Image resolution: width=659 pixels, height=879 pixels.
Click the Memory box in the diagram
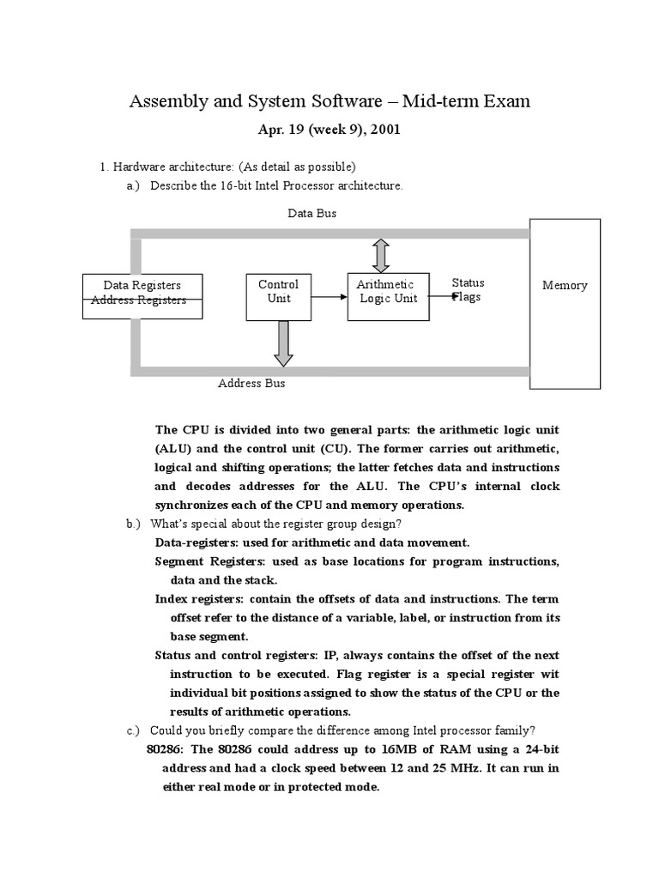(565, 302)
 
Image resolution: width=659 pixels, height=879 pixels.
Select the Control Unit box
(278, 296)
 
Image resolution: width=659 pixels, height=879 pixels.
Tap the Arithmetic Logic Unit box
(387, 296)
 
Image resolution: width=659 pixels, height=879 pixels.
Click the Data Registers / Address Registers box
(142, 297)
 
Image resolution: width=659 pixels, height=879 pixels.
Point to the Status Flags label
(468, 290)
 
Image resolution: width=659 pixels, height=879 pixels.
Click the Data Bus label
(311, 214)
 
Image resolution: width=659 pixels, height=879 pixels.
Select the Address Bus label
(251, 384)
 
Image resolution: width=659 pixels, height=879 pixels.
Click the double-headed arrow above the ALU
(381, 255)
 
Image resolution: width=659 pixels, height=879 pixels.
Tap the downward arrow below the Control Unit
(283, 343)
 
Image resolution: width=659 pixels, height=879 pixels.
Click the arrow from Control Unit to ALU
(329, 297)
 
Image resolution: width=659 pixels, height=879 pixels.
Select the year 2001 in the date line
(382, 130)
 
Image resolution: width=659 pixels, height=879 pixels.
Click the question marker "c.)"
(133, 730)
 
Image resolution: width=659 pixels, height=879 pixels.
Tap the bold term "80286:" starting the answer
(166, 749)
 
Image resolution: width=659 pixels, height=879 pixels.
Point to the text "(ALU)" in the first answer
(176, 448)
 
